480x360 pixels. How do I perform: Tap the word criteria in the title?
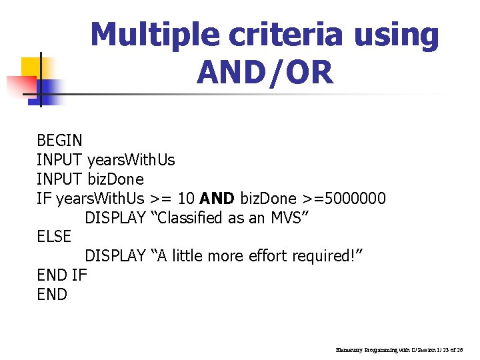[x=289, y=35]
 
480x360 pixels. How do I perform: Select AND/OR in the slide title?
[x=264, y=72]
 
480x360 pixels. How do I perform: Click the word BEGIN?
[x=60, y=141]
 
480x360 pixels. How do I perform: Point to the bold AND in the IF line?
[x=217, y=199]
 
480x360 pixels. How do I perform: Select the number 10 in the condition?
[x=186, y=199]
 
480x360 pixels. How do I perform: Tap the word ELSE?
[x=54, y=237]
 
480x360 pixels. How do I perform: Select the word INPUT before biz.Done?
[x=60, y=179]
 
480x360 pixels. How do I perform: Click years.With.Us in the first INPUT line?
[x=131, y=160]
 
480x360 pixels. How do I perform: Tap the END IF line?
[x=62, y=275]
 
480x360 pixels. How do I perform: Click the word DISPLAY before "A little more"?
[x=115, y=256]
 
